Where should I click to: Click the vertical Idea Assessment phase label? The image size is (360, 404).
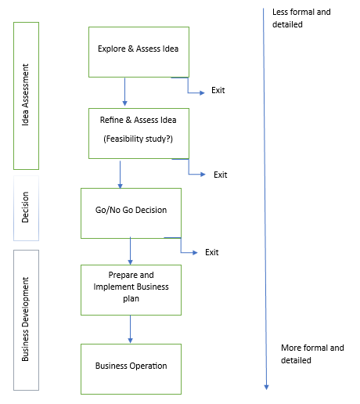pyautogui.click(x=25, y=95)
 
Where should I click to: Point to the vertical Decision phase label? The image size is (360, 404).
pyautogui.click(x=25, y=207)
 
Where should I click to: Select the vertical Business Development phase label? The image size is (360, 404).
pyautogui.click(x=25, y=319)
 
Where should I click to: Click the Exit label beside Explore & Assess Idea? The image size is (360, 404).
pyautogui.click(x=218, y=90)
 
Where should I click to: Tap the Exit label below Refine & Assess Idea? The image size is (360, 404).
pyautogui.click(x=221, y=175)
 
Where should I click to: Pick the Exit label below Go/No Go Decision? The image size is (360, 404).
pyautogui.click(x=212, y=252)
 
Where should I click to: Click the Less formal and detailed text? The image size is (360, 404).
pyautogui.click(x=301, y=18)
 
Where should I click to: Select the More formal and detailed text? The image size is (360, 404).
pyautogui.click(x=312, y=354)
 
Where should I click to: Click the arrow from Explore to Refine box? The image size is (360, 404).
pyautogui.click(x=124, y=92)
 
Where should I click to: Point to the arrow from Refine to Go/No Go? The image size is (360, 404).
pyautogui.click(x=120, y=175)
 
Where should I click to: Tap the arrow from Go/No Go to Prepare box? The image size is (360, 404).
pyautogui.click(x=130, y=251)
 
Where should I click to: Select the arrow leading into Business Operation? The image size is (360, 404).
pyautogui.click(x=130, y=330)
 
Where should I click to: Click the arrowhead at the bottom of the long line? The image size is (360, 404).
pyautogui.click(x=266, y=388)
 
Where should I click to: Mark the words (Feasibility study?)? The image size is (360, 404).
pyautogui.click(x=139, y=139)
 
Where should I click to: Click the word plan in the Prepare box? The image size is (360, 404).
pyautogui.click(x=131, y=298)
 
